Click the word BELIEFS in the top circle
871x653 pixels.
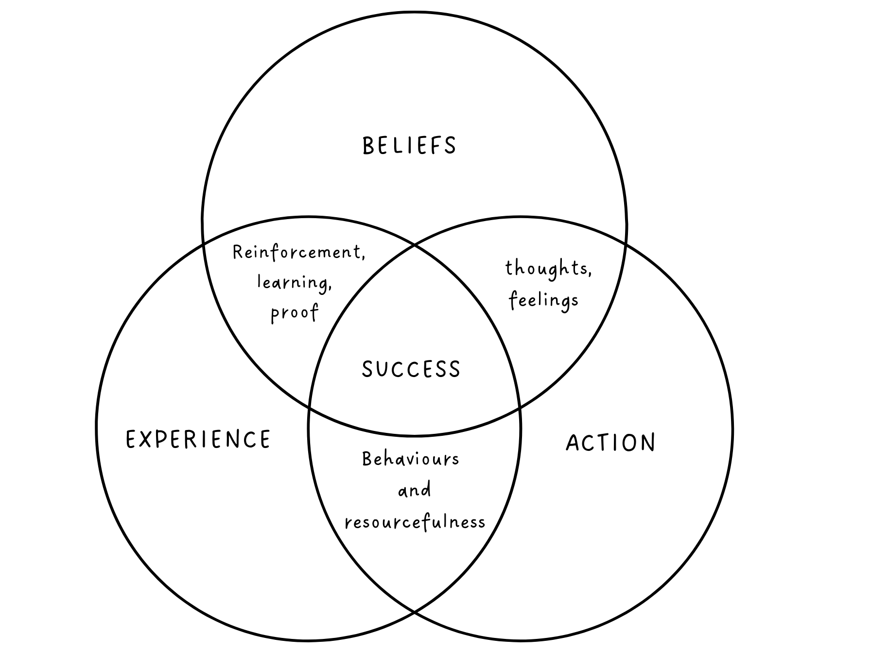pyautogui.click(x=409, y=146)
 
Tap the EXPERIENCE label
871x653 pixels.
pyautogui.click(x=198, y=439)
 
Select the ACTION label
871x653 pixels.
pyautogui.click(x=610, y=443)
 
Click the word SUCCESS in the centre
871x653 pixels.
pyautogui.click(x=411, y=369)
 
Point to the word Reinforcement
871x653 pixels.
pyautogui.click(x=298, y=252)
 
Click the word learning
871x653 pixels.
pyautogui.click(x=294, y=282)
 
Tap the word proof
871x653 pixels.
pyautogui.click(x=295, y=312)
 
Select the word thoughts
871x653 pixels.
pyautogui.click(x=548, y=268)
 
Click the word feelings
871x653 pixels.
pyautogui.click(x=544, y=300)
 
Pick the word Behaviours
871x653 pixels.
pyautogui.click(x=411, y=459)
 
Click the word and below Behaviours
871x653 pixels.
pyautogui.click(x=415, y=490)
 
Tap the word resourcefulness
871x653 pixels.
pyautogui.click(x=415, y=522)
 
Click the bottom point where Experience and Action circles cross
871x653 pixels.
pyautogui.click(x=415, y=611)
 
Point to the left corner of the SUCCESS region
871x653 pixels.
pyautogui.click(x=309, y=407)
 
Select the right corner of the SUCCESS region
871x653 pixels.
pyautogui.click(x=521, y=407)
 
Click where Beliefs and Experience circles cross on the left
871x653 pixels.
pyautogui.click(x=204, y=244)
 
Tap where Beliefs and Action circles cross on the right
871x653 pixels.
pyautogui.click(x=625, y=244)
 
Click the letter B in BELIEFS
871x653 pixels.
pyautogui.click(x=368, y=146)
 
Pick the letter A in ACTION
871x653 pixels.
pyautogui.click(x=573, y=443)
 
